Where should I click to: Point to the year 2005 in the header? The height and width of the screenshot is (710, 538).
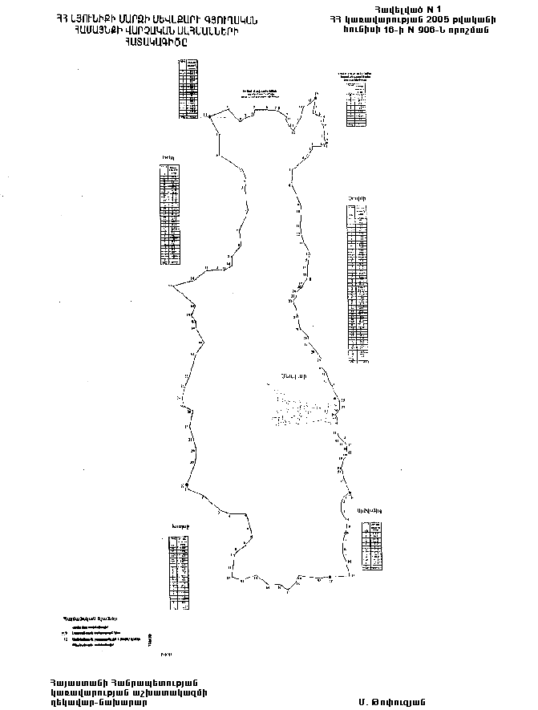433,18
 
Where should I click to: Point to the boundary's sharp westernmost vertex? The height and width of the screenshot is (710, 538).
169,285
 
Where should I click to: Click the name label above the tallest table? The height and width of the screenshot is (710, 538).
358,198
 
